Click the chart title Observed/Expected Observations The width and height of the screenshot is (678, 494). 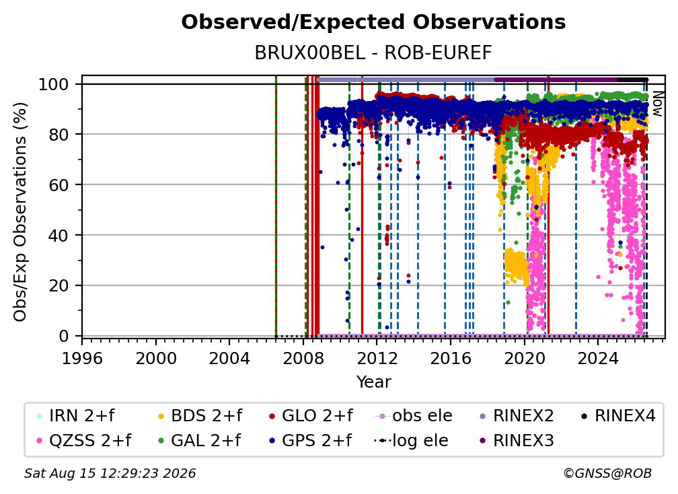tap(373, 22)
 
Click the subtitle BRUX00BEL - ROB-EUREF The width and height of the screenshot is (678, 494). tap(373, 52)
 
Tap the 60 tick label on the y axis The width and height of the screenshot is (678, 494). tap(59, 184)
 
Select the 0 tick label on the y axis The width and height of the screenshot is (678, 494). tap(64, 336)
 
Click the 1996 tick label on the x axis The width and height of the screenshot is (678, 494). tap(82, 359)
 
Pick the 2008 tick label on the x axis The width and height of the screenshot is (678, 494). tap(303, 359)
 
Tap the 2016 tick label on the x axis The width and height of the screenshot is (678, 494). tap(451, 359)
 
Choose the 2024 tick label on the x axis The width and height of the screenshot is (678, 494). tap(598, 359)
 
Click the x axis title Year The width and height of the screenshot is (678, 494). tap(373, 382)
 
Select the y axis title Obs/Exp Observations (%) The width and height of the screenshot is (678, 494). tap(20, 212)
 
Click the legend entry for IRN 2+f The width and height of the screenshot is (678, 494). tap(75, 416)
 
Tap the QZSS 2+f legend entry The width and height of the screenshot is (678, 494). tap(84, 440)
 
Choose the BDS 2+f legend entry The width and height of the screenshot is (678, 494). tap(200, 416)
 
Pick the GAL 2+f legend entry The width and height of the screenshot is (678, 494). tap(200, 440)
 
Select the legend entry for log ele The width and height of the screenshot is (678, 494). tap(411, 440)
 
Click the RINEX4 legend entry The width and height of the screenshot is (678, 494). tap(618, 416)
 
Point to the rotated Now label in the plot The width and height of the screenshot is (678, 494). tap(657, 104)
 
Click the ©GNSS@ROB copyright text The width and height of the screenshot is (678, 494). tap(607, 473)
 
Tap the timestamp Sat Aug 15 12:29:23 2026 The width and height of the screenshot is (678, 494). tap(110, 473)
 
